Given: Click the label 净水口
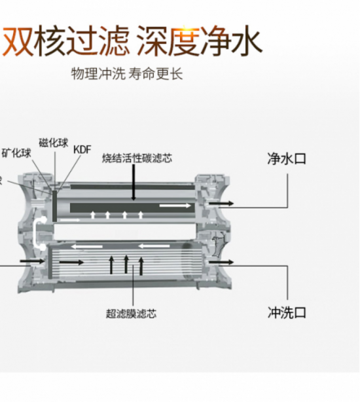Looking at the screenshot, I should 287,159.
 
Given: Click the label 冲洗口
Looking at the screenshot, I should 287,312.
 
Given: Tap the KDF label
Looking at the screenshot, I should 82,149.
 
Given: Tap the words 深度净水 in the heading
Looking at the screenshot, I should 200,41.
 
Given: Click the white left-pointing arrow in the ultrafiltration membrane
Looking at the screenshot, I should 84,247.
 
